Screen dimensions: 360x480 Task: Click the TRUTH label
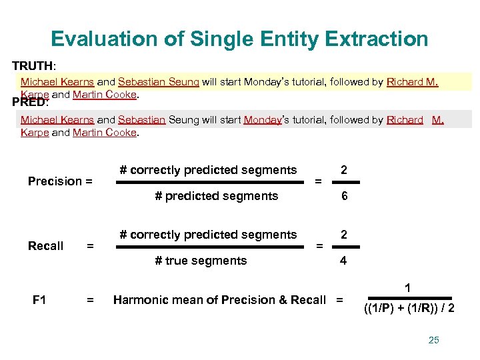point(33,67)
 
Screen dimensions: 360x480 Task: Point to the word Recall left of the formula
point(46,246)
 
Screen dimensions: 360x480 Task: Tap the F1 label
point(39,300)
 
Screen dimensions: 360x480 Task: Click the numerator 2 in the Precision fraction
point(343,170)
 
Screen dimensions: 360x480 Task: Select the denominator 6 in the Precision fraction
point(343,196)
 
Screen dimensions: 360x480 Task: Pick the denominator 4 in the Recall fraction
point(343,261)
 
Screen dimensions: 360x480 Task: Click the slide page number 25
point(434,340)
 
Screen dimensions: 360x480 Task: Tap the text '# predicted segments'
point(216,196)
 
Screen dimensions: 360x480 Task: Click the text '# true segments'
point(201,261)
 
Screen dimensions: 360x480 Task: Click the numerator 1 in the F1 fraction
point(408,288)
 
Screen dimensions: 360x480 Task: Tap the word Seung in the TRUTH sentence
point(184,82)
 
